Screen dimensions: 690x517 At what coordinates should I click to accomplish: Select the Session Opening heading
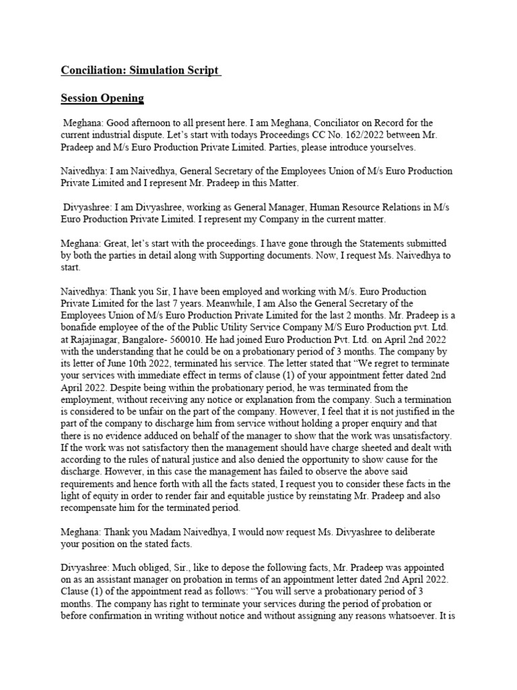click(102, 98)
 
